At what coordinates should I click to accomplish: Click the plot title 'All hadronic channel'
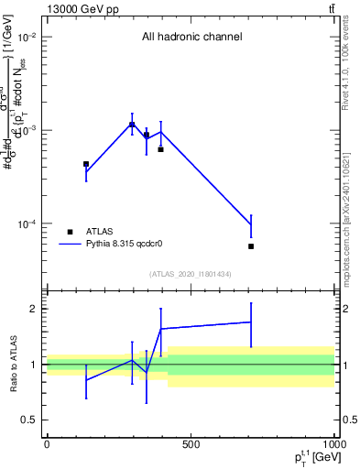(x=191, y=38)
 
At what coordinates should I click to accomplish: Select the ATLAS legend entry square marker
(x=70, y=232)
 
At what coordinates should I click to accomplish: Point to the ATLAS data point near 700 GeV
(x=251, y=246)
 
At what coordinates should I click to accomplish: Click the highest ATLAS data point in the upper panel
(x=132, y=125)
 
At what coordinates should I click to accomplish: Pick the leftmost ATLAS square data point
(x=86, y=164)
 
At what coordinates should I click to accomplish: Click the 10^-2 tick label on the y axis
(x=27, y=38)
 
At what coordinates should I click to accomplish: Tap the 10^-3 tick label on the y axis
(x=27, y=131)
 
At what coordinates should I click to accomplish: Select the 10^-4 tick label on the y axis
(x=27, y=224)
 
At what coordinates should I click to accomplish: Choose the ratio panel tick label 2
(x=34, y=309)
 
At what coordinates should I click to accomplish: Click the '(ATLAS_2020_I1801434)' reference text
(x=191, y=275)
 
